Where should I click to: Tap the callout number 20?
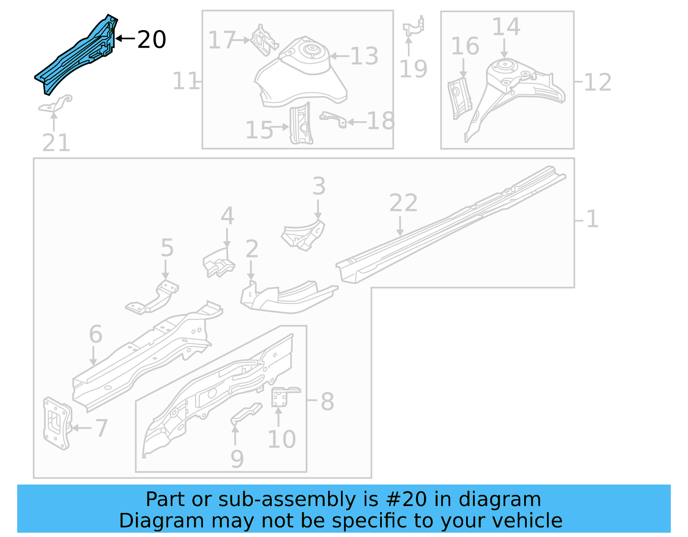pyautogui.click(x=151, y=40)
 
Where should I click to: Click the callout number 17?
pyautogui.click(x=221, y=40)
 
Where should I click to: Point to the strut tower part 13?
pyautogui.click(x=301, y=71)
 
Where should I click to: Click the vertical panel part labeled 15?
pyautogui.click(x=301, y=125)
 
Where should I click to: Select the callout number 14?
pyautogui.click(x=506, y=27)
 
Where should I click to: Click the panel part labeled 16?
pyautogui.click(x=459, y=98)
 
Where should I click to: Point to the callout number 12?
pyautogui.click(x=598, y=82)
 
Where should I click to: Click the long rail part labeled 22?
pyautogui.click(x=451, y=224)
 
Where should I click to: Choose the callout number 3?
pyautogui.click(x=319, y=186)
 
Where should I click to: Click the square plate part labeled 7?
pyautogui.click(x=56, y=423)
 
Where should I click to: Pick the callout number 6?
pyautogui.click(x=95, y=334)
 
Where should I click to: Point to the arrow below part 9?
pyautogui.click(x=235, y=434)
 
